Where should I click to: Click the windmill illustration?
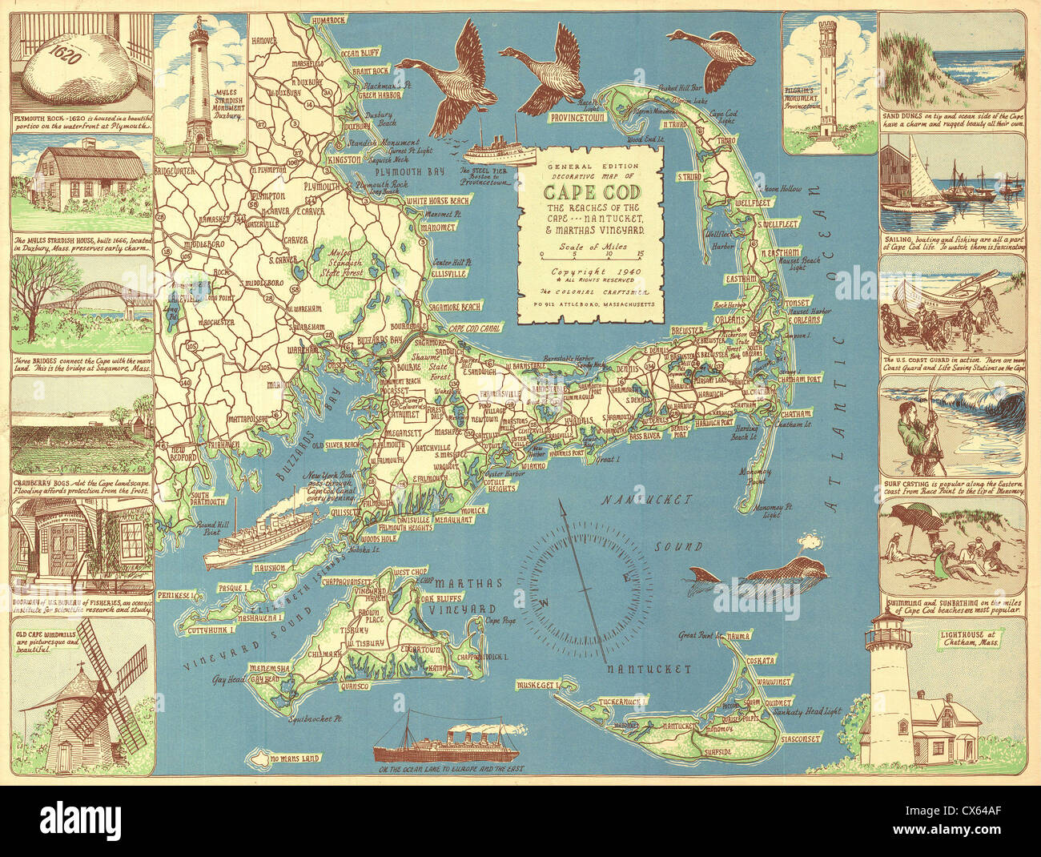(x=90, y=705)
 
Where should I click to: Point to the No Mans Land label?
(x=295, y=758)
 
